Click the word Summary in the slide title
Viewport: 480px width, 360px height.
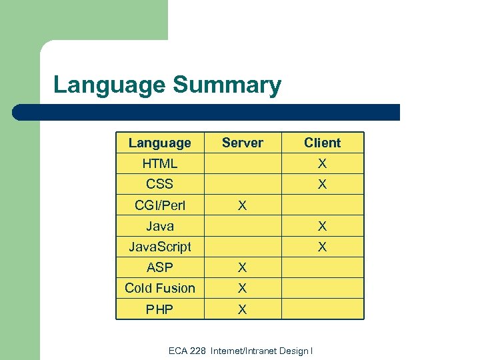coord(227,86)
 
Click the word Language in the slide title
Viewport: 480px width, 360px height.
coord(109,86)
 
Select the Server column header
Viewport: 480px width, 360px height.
coord(243,143)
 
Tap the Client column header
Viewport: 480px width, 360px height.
coord(322,143)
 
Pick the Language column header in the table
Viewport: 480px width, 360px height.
coord(159,143)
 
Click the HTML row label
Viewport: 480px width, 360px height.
coord(159,163)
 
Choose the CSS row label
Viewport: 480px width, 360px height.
coord(159,184)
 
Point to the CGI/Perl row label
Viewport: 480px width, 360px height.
coord(159,205)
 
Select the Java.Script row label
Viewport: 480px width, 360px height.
coord(159,247)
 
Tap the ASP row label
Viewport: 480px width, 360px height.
coord(159,267)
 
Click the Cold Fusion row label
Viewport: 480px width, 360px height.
coord(159,288)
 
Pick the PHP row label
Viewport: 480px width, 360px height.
coord(159,309)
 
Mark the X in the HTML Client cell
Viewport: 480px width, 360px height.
coord(322,163)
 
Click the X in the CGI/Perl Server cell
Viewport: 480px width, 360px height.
coord(243,206)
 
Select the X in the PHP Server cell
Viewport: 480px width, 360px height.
coord(243,309)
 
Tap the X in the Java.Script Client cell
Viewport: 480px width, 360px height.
coord(322,247)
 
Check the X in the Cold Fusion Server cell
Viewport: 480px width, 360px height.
coord(243,289)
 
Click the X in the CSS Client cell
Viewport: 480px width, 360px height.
coord(322,185)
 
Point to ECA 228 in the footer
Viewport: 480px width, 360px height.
coord(187,351)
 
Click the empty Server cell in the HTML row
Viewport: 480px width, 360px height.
coord(243,163)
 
